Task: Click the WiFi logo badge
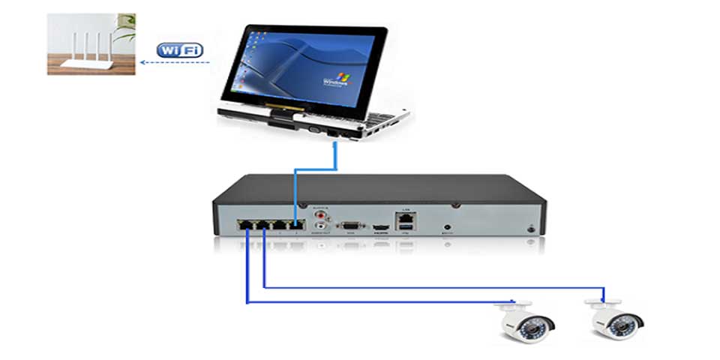[179, 49]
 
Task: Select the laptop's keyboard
[352, 120]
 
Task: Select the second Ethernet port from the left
[263, 223]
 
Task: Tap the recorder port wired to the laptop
[298, 223]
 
